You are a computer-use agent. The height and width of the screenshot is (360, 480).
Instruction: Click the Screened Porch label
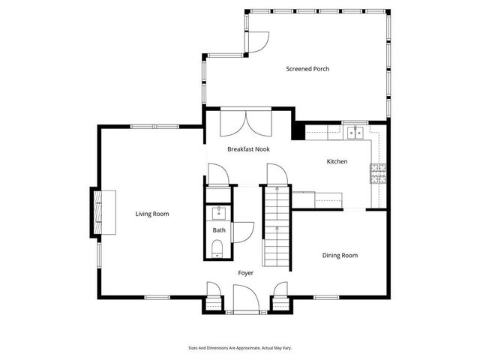click(307, 69)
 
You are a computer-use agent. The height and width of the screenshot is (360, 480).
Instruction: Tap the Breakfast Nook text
click(248, 149)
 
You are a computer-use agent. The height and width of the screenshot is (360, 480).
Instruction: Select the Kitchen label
click(337, 161)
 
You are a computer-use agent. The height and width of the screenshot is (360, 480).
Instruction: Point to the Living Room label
click(152, 214)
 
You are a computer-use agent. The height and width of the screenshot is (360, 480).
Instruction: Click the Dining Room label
click(340, 256)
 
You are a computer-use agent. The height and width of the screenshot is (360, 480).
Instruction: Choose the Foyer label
click(246, 273)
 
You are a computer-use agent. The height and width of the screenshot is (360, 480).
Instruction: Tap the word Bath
click(219, 230)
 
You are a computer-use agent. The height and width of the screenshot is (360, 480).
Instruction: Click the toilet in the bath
click(218, 249)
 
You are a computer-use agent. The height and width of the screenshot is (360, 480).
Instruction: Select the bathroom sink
click(218, 212)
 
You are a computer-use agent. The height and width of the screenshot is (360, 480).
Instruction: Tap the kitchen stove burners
click(376, 173)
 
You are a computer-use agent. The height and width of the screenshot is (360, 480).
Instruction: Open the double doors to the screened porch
click(247, 121)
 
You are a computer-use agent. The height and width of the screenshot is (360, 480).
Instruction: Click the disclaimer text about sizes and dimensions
click(240, 348)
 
